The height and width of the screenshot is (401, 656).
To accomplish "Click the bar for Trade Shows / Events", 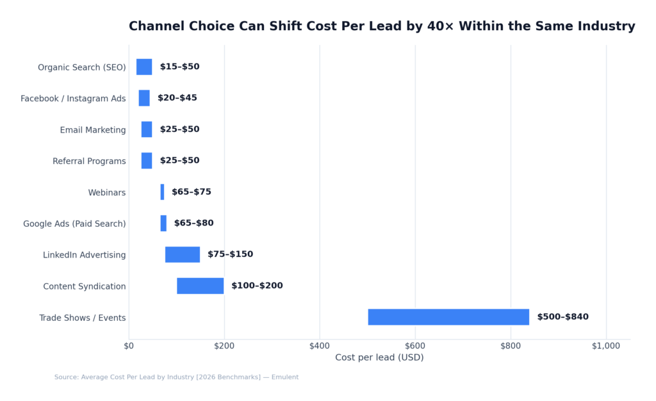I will coord(448,317).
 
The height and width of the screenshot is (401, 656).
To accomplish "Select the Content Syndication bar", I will coord(200,286).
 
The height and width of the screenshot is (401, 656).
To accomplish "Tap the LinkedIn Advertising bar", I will coord(183,254).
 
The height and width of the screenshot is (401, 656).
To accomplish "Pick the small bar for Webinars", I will coord(162,192).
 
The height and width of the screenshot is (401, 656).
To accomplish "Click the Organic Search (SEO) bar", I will coord(144,67).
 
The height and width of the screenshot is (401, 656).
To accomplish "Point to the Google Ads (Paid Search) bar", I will coord(163,223).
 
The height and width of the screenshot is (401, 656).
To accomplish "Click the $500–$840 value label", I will coord(562,317).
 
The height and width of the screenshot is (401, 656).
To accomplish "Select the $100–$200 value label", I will coord(257,286).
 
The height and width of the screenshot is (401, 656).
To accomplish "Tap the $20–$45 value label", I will coord(177,98).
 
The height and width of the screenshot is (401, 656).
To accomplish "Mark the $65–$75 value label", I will coord(192,192).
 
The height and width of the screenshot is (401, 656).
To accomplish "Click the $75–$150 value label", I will coord(230,254).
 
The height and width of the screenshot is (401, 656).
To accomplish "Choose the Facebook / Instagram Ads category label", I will coord(73,99).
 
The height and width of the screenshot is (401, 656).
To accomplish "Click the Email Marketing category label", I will coord(93,130).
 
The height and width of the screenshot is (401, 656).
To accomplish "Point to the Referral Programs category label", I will coord(89,161).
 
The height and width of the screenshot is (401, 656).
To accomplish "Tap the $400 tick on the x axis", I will coord(320,346).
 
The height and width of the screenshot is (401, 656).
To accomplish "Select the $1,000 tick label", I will coord(606,346).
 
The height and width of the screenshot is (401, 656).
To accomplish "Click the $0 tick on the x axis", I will coord(129,346).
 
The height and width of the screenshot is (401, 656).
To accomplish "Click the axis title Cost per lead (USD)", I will coord(379,357).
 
